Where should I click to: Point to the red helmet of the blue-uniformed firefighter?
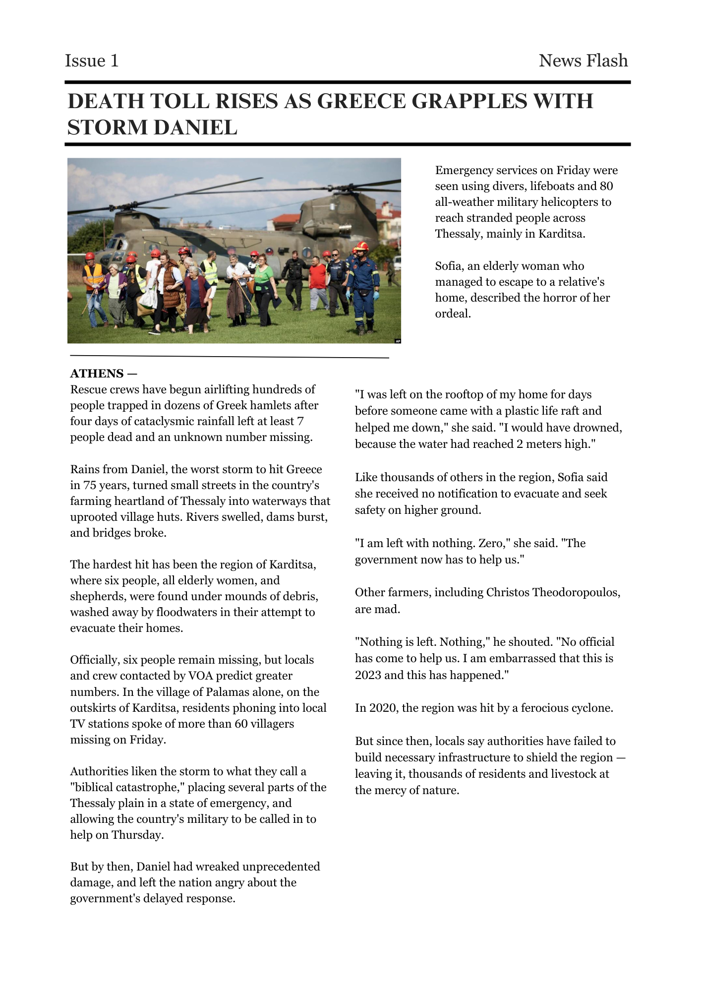[361, 246]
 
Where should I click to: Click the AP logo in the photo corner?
[398, 341]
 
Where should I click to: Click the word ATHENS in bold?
[97, 373]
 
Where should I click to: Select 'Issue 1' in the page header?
[92, 61]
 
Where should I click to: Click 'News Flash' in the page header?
[583, 61]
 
